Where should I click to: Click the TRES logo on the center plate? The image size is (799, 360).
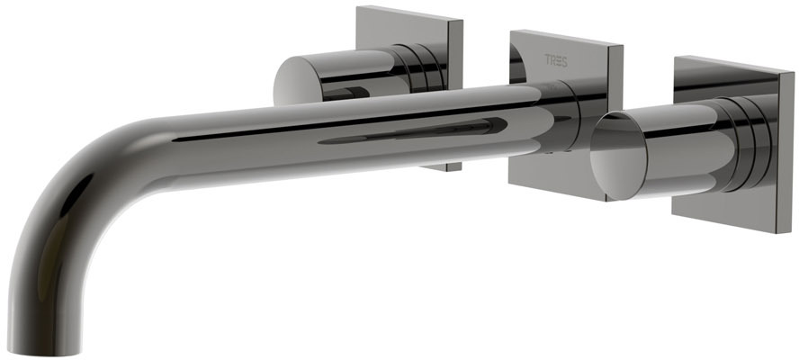pos(556,60)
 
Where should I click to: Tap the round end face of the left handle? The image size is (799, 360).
pos(296,82)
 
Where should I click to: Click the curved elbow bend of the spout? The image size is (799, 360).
pos(76,184)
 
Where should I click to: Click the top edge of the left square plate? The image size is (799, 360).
pos(409,13)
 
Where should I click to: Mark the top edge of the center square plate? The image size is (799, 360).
pos(566,38)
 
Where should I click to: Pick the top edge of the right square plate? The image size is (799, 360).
pos(734,64)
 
